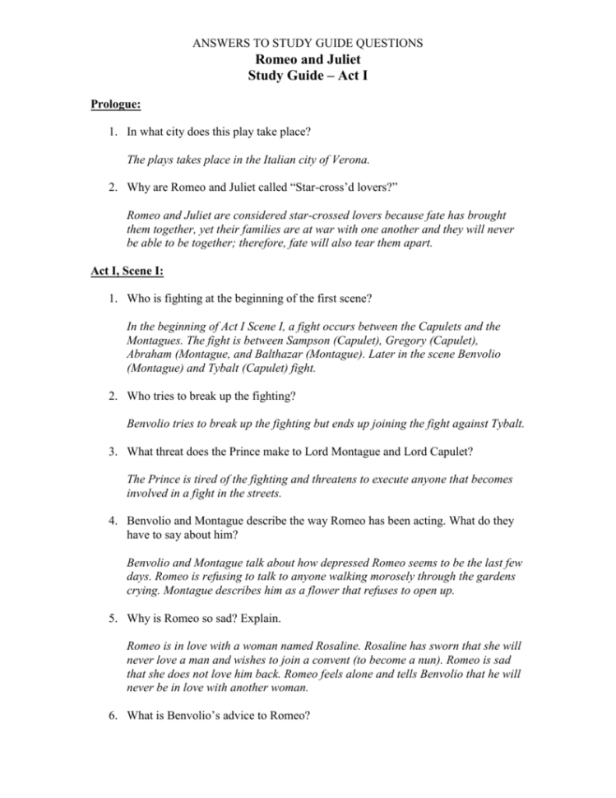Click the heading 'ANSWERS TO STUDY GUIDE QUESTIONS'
tap(308, 41)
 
